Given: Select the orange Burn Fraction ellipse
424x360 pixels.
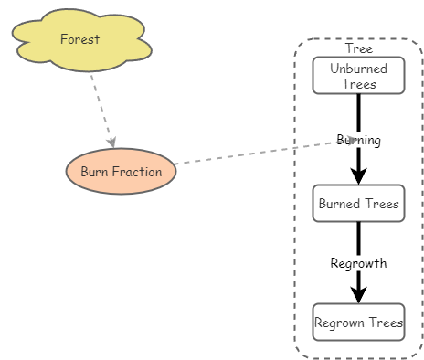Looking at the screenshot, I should [121, 172].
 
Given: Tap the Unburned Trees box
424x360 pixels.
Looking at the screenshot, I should [358, 76].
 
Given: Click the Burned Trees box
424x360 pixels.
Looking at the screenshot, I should [358, 203].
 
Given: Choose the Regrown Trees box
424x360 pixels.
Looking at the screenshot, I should [358, 322].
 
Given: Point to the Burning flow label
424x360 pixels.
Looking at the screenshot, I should [358, 140].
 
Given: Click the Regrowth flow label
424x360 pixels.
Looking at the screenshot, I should [358, 263].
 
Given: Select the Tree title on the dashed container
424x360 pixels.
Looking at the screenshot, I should [358, 48].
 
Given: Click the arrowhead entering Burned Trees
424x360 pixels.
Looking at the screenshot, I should [358, 175].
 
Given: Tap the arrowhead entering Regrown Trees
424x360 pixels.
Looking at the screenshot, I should [358, 293].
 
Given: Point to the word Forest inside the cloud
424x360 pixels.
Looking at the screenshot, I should [80, 38].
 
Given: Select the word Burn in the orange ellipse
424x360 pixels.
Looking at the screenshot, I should [94, 172].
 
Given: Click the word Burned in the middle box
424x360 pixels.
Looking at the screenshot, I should [338, 203].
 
